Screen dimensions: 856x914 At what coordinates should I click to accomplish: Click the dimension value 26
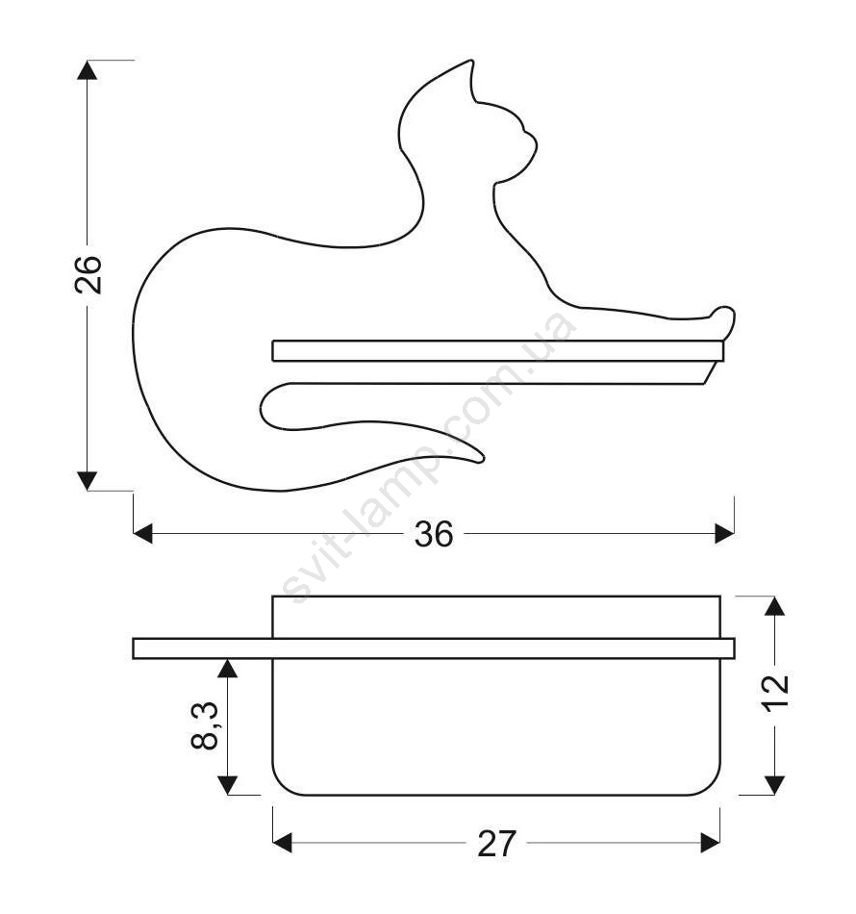88,274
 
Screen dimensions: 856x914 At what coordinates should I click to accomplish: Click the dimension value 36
434,534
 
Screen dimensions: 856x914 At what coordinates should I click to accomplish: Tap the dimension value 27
496,844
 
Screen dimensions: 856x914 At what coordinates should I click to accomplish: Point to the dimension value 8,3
205,725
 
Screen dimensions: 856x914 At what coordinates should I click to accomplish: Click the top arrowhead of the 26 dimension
87,70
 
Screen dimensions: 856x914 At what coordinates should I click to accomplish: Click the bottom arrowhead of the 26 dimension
87,481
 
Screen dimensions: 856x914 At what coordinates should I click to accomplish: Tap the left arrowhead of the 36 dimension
142,533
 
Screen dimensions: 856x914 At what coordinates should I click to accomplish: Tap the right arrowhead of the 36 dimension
724,533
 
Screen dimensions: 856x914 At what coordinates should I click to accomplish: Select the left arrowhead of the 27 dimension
282,843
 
